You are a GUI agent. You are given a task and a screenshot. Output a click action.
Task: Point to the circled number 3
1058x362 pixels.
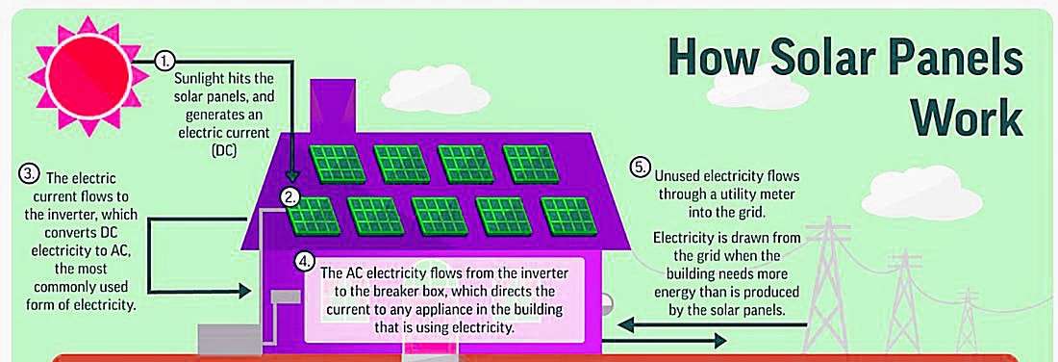tap(28, 173)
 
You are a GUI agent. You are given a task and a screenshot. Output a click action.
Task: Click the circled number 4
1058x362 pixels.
tap(306, 261)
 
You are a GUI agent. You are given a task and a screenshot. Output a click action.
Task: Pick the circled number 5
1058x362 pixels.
tap(640, 168)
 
